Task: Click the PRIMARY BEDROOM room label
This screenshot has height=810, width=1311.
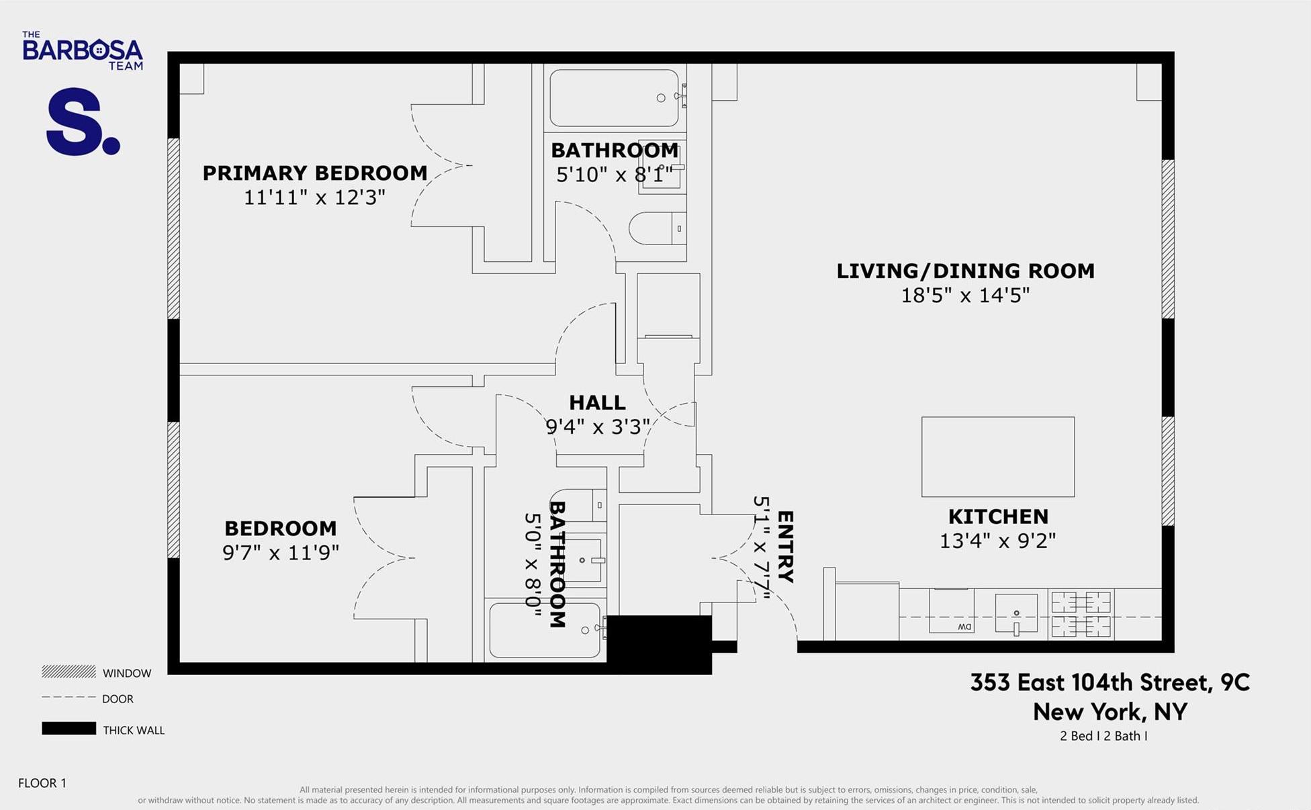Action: pos(315,173)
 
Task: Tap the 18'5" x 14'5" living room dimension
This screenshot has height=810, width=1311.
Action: pos(965,296)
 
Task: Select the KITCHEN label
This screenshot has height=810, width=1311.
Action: pos(998,516)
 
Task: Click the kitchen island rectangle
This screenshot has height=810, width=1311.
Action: pos(997,457)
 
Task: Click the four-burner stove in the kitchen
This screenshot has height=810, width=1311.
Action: pos(1081,614)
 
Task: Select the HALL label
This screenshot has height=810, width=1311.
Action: pos(597,402)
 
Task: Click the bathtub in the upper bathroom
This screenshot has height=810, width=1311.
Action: pos(614,98)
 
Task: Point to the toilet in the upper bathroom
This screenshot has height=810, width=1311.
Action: pos(657,228)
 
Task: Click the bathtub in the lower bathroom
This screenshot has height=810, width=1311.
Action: pos(545,630)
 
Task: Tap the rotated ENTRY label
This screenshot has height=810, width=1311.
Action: pos(785,547)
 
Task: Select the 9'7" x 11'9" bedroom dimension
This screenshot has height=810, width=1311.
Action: pos(281,553)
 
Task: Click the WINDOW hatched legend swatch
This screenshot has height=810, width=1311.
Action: pos(69,672)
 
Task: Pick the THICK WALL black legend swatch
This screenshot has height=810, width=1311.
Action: pos(69,729)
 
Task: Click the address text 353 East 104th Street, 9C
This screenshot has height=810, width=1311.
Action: pos(1110,682)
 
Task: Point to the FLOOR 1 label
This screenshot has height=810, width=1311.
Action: pos(42,783)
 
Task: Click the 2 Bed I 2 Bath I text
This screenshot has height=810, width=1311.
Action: pos(1103,736)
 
